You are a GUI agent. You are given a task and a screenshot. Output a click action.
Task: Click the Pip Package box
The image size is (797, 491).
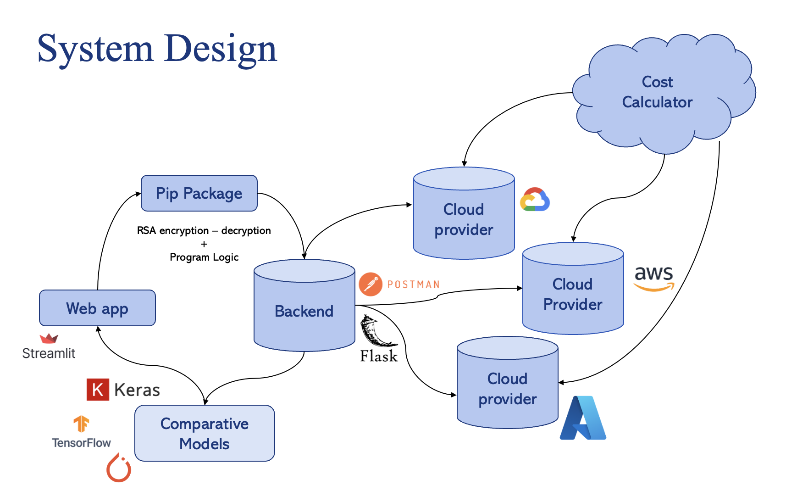[199, 193]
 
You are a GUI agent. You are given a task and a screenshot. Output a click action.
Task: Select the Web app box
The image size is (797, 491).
[97, 308]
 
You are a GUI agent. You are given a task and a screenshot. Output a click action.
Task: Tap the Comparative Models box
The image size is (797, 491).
[205, 433]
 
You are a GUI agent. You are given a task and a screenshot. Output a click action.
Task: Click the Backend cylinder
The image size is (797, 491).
[304, 306]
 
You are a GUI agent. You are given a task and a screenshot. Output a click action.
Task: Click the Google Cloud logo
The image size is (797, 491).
[535, 199]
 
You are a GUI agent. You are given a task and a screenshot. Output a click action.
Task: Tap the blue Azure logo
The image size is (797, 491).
[583, 418]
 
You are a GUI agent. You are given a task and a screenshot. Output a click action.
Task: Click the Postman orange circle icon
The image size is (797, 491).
[371, 285]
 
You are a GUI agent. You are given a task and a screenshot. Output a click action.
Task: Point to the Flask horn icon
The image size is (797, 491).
[377, 331]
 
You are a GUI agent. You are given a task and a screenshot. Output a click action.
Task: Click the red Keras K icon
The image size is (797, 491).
[98, 390]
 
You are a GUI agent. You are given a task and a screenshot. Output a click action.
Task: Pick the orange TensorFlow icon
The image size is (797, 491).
[81, 424]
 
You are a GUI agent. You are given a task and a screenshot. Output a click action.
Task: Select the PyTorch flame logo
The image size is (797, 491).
[119, 468]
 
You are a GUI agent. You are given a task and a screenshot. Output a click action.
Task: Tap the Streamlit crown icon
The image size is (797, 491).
[49, 339]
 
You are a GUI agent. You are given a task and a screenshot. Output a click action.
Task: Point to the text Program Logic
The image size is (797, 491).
[204, 257]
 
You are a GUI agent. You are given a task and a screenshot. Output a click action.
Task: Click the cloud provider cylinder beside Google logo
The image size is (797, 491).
[464, 213]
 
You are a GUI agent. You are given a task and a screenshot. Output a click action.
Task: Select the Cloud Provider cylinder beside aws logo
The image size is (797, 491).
[573, 288]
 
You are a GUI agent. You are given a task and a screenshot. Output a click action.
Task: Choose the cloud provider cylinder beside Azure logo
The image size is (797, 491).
[508, 383]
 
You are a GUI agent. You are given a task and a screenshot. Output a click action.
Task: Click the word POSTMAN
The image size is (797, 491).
[413, 285]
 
